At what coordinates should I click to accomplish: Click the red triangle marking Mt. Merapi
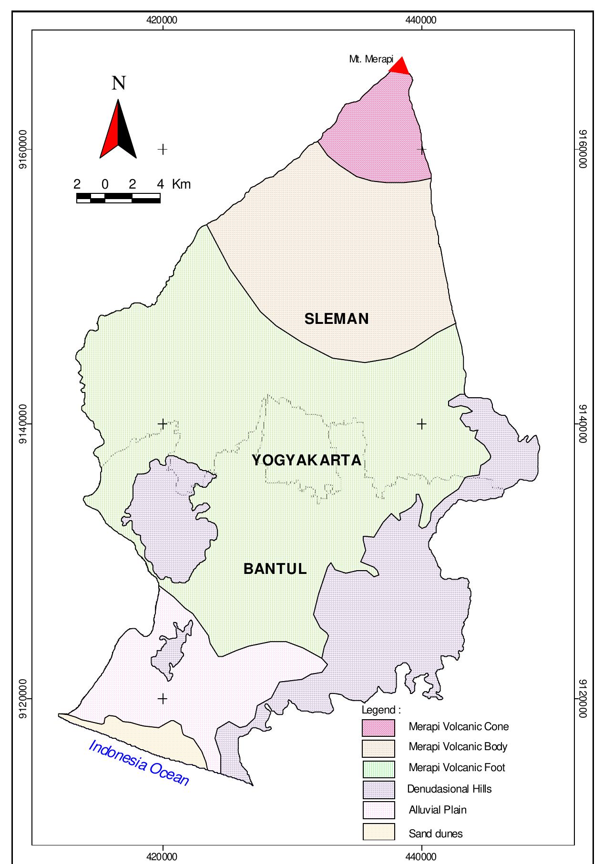pyautogui.click(x=400, y=67)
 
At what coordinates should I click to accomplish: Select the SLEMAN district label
pyautogui.click(x=337, y=319)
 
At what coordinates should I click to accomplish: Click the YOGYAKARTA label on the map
pyautogui.click(x=306, y=460)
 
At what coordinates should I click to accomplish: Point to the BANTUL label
pyautogui.click(x=275, y=569)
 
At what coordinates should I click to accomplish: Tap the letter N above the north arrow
pyautogui.click(x=118, y=83)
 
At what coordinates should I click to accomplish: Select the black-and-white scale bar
pyautogui.click(x=118, y=198)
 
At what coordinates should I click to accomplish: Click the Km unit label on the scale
pyautogui.click(x=181, y=184)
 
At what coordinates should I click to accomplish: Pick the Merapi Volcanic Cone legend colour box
pyautogui.click(x=378, y=727)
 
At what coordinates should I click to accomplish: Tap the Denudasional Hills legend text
pyautogui.click(x=449, y=789)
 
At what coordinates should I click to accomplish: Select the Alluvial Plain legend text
pyautogui.click(x=438, y=810)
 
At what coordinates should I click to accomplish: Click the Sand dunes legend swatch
pyautogui.click(x=378, y=832)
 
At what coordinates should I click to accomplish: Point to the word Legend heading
pyautogui.click(x=381, y=710)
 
